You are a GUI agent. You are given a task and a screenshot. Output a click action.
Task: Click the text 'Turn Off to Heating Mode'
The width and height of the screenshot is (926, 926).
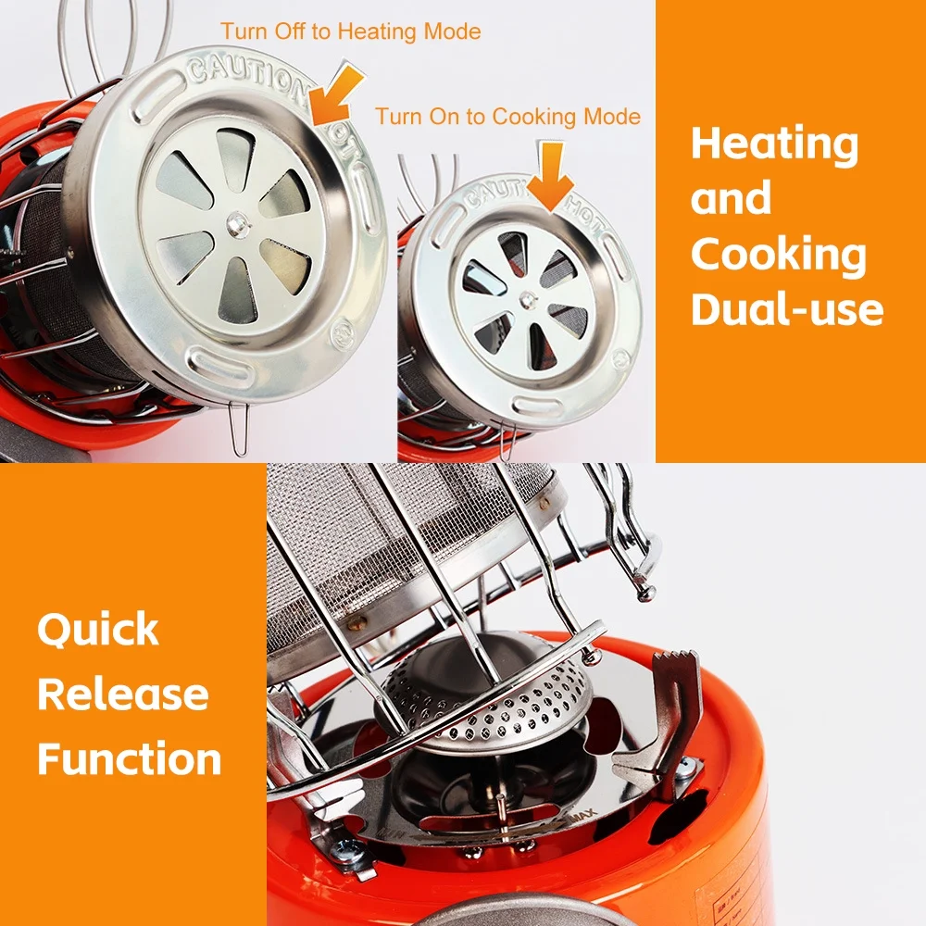(350, 31)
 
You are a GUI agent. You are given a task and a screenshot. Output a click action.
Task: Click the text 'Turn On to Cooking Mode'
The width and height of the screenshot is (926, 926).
(507, 117)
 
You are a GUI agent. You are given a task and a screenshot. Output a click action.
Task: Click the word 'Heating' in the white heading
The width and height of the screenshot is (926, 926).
(774, 144)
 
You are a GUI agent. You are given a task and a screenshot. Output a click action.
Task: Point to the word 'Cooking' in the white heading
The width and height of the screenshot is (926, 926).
(778, 255)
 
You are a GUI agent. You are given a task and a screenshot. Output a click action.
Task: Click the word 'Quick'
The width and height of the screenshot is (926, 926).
(98, 631)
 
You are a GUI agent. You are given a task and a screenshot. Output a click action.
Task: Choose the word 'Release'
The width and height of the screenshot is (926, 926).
(122, 694)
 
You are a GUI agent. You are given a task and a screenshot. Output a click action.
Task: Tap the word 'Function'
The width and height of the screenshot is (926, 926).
(130, 758)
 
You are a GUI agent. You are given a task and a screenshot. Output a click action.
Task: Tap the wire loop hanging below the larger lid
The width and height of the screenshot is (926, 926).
(239, 430)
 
